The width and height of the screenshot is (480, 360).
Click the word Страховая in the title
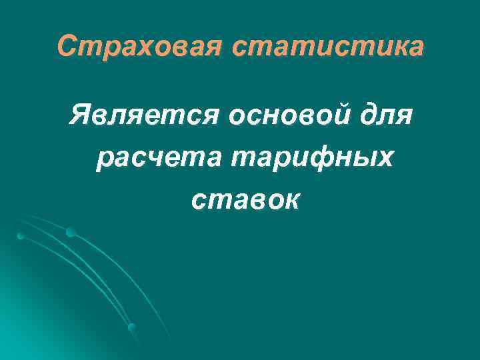(x=139, y=47)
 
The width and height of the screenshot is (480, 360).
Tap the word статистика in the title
(x=328, y=47)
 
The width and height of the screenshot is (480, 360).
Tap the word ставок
(x=245, y=199)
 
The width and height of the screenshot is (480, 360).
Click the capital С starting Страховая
(x=66, y=47)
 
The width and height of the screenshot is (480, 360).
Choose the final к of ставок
(x=292, y=200)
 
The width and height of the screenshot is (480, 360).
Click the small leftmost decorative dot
(x=21, y=236)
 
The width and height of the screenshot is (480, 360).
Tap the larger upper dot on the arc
(x=70, y=232)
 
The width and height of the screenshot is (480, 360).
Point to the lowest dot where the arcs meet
(x=132, y=327)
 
